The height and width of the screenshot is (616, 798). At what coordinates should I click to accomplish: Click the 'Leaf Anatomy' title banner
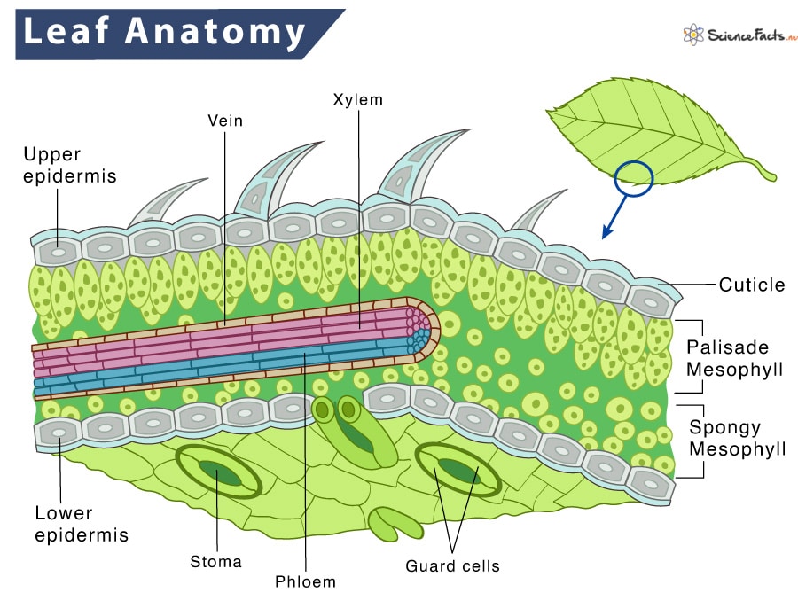pos(164,33)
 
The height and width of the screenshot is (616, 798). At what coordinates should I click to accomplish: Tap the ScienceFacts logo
pos(740,35)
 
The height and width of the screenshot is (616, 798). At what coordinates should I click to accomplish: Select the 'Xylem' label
pos(357,99)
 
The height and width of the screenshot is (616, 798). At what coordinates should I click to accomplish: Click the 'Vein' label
pos(225,120)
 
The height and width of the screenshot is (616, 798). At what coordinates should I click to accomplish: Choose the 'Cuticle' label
pos(752,285)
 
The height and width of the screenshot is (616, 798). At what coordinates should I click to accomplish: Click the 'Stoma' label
pos(215,561)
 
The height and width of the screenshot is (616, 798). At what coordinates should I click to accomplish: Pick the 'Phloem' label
pos(306,581)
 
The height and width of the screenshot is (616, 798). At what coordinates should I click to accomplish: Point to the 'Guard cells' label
pos(452,565)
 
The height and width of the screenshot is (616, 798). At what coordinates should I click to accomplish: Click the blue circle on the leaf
pos(633,176)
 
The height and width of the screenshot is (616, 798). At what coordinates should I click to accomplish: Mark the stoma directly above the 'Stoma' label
pos(217,472)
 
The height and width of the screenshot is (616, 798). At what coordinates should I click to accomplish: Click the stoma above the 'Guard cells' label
pos(459,471)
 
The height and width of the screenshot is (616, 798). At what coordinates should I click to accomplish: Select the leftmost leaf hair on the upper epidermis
pos(164,202)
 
